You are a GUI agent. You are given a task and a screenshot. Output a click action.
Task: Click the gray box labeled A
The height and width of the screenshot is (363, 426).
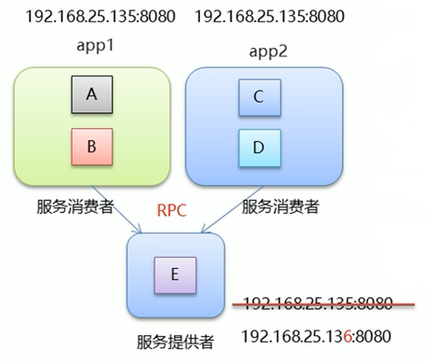[91, 95]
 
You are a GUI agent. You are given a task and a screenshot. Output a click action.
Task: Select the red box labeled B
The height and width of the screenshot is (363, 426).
[91, 147]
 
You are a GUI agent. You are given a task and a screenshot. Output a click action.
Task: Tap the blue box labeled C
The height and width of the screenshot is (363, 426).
[259, 97]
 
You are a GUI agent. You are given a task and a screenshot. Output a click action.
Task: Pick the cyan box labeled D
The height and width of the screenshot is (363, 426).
[259, 147]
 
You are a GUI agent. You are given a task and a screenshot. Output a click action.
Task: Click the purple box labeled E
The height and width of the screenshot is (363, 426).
[174, 275]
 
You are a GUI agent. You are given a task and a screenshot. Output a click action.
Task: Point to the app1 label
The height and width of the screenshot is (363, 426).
[97, 46]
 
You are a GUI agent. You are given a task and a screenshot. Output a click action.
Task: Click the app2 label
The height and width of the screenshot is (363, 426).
[268, 51]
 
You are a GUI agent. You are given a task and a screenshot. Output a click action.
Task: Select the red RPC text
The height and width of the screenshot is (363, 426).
[172, 211]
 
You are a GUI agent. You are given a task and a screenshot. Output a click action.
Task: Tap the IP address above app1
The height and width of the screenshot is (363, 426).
[100, 16]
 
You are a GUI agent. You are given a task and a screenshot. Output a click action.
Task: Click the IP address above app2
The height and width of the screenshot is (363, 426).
[270, 16]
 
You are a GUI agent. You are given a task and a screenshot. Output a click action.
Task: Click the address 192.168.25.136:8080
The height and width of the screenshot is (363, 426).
[316, 337]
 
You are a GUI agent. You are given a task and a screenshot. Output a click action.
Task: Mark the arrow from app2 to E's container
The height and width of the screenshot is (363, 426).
[232, 208]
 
